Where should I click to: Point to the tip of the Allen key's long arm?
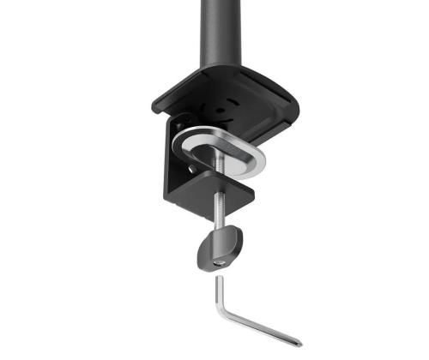pyautogui.click(x=299, y=342)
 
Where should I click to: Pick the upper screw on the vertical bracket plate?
pyautogui.click(x=178, y=121)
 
